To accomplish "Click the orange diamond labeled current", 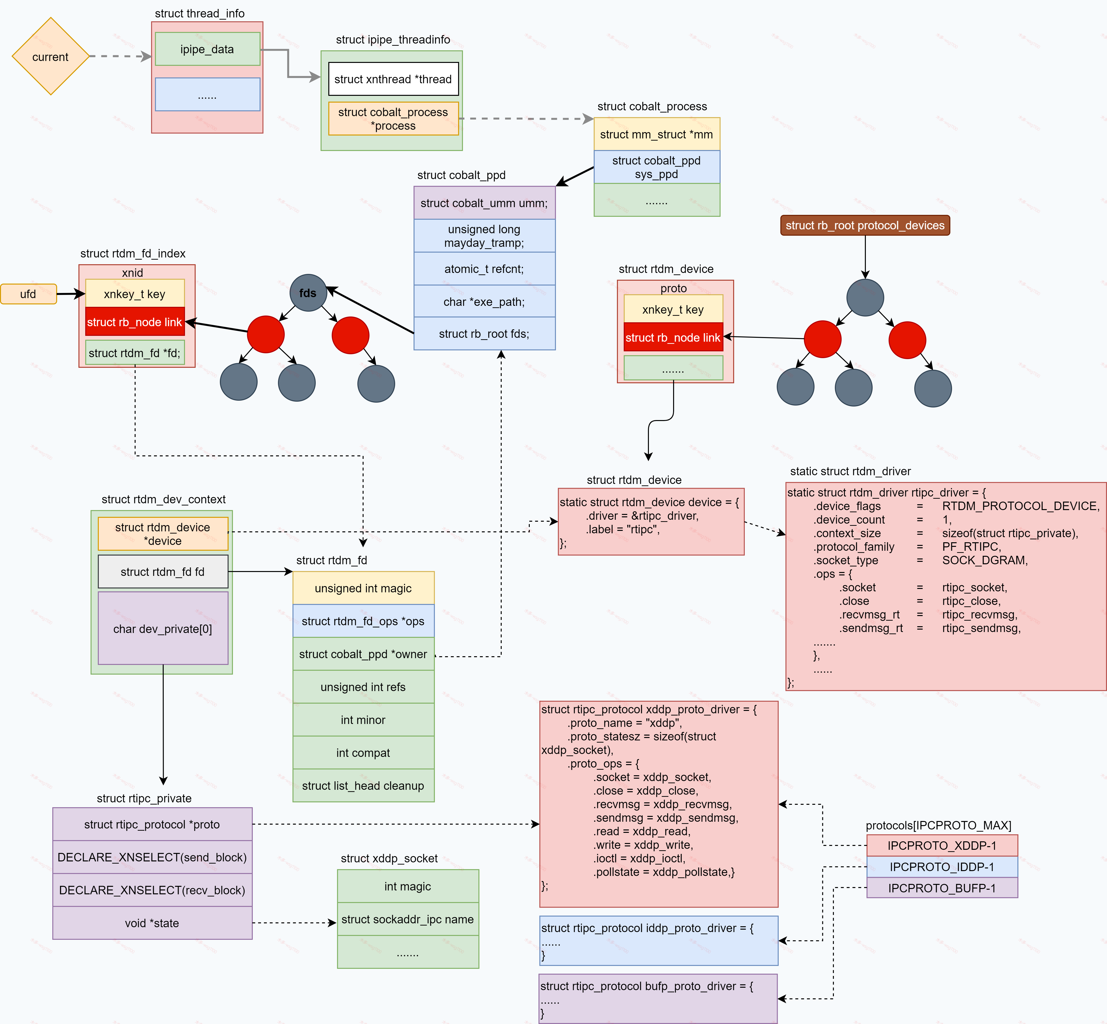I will (x=50, y=57).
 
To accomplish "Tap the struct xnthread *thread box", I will (x=393, y=79).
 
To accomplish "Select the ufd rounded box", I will (x=28, y=294).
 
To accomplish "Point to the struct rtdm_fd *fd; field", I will (x=135, y=353).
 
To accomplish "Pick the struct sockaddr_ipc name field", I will (x=407, y=919).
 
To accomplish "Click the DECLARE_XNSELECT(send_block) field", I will (x=152, y=857).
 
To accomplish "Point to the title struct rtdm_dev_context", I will (x=163, y=499).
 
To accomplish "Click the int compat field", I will (x=363, y=753).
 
